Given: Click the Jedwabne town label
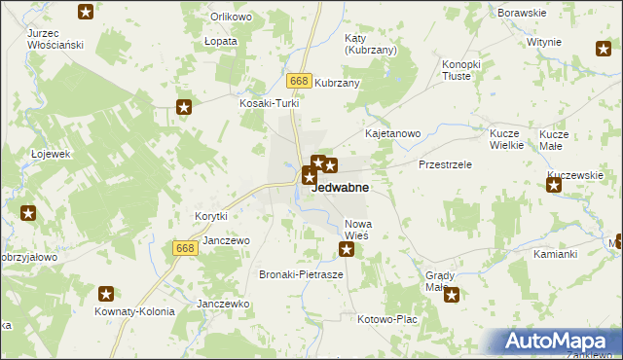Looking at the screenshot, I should click(x=339, y=189).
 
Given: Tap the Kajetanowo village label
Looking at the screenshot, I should click(x=391, y=132).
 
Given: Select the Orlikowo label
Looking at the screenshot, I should click(x=232, y=18).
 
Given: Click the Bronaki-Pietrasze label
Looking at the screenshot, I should click(x=301, y=275).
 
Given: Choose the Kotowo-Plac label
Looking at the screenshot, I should click(x=387, y=319).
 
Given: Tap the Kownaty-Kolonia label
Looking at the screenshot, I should click(x=134, y=312).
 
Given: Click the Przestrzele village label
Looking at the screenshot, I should click(x=446, y=164).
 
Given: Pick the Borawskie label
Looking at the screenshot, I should click(x=521, y=13).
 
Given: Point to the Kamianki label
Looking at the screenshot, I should click(x=556, y=254).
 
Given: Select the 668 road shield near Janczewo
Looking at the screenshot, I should click(x=187, y=249).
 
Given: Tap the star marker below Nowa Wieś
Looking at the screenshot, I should click(x=347, y=251).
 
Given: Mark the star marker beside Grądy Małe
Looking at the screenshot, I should click(x=452, y=295).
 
